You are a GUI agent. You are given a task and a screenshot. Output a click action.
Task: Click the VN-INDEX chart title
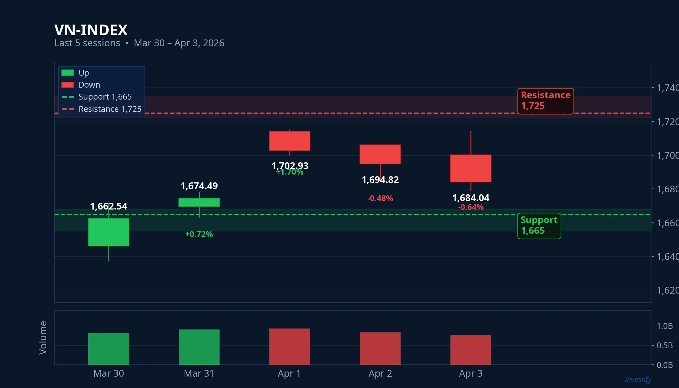(91, 30)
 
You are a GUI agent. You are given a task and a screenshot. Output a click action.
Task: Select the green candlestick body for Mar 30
(109, 232)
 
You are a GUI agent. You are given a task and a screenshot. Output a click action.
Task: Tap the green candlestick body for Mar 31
(199, 202)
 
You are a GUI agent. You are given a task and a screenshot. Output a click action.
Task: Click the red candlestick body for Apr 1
(290, 141)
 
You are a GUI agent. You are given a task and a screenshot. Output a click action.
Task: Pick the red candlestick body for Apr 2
(380, 154)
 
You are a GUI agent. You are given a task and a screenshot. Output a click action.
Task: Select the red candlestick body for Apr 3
(471, 168)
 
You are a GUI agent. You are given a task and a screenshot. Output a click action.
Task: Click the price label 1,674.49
(199, 186)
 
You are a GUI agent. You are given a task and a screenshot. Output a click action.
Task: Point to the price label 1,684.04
(471, 198)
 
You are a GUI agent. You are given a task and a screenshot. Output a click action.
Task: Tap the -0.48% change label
(380, 198)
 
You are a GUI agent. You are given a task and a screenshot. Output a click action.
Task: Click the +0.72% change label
(199, 234)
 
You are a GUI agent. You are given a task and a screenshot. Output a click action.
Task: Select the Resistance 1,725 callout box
(545, 101)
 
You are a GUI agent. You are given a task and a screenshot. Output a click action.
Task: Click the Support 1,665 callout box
(539, 226)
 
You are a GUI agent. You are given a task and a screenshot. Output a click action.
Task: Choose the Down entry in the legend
(89, 85)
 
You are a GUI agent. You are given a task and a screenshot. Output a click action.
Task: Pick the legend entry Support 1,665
(105, 97)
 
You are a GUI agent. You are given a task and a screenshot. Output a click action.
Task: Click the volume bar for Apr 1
(290, 347)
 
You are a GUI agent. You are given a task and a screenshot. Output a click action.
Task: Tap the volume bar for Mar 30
(109, 349)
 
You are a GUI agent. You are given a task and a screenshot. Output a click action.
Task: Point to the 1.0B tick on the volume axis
(664, 326)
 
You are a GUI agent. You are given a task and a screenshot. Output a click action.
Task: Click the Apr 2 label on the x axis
(380, 373)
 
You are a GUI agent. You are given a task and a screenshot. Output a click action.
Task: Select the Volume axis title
(43, 338)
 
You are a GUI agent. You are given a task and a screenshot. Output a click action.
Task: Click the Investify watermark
(638, 380)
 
